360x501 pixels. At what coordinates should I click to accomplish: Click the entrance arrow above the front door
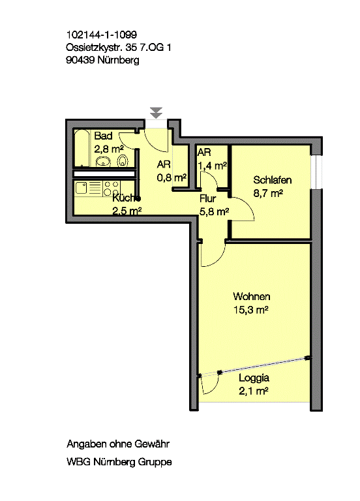(x=156, y=113)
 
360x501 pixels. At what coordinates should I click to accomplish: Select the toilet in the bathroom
(x=123, y=160)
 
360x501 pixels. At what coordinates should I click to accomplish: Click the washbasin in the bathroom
(x=103, y=162)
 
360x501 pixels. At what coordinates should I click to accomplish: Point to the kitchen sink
(x=82, y=188)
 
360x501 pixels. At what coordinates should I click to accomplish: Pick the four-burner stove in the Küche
(x=112, y=188)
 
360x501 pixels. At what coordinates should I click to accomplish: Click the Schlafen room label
(x=272, y=180)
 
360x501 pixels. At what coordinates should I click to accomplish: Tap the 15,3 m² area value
(x=250, y=310)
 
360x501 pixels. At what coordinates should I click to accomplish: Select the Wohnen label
(x=251, y=297)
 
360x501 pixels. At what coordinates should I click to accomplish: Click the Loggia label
(x=254, y=378)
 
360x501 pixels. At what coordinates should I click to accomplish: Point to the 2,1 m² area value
(x=254, y=391)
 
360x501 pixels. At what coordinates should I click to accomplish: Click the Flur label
(x=208, y=198)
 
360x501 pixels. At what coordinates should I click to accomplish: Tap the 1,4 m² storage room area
(x=213, y=166)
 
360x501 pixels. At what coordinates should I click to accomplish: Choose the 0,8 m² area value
(x=172, y=177)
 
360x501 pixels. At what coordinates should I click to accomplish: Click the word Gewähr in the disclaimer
(x=152, y=444)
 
